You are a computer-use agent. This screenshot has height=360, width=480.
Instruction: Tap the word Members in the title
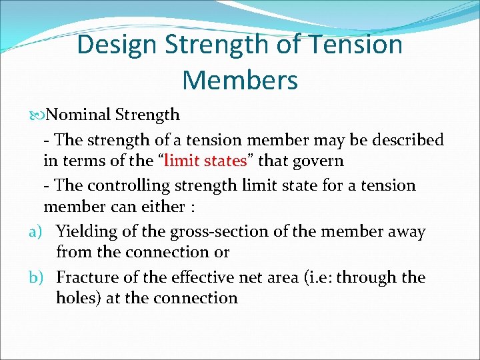coord(239,80)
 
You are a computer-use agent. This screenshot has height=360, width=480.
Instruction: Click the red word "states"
coord(227,161)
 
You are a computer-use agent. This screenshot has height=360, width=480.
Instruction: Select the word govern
coord(316,161)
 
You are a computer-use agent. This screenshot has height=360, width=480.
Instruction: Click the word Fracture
coord(85,277)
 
